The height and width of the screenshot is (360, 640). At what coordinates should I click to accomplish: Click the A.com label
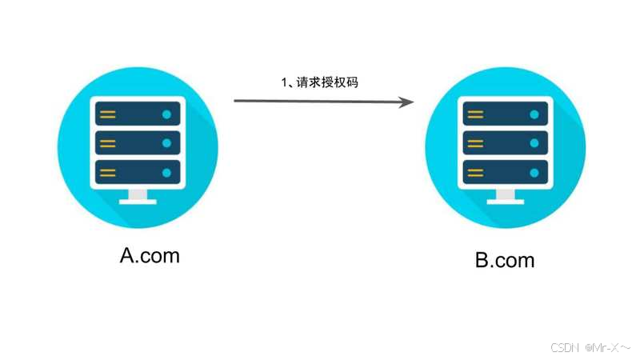[x=150, y=255]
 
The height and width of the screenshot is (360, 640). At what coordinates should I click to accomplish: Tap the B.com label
[x=505, y=260]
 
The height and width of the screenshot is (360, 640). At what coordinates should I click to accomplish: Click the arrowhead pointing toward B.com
[x=406, y=102]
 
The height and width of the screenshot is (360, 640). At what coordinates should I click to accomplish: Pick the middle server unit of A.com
[x=138, y=143]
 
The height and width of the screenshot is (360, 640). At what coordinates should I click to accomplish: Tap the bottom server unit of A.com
[x=138, y=172]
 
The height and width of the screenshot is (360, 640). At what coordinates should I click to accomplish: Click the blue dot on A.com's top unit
[x=166, y=114]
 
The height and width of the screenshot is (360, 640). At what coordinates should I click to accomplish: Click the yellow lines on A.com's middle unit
[x=108, y=143]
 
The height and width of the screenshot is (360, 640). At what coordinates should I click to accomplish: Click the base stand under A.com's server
[x=138, y=197]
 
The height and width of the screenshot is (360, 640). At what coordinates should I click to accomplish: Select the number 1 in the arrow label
[x=284, y=82]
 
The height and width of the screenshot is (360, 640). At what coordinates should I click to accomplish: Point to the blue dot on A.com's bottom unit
[x=166, y=172]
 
